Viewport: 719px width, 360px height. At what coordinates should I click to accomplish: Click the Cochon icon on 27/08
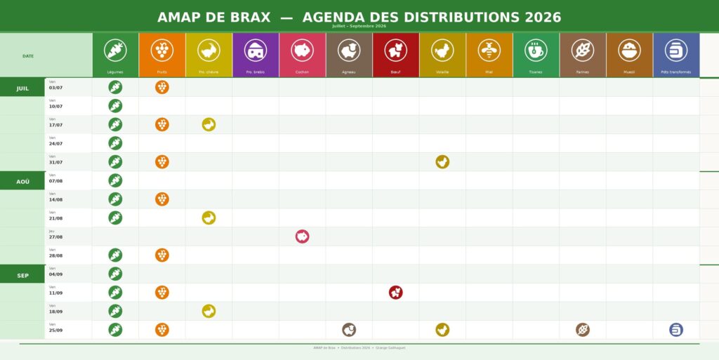coord(303,236)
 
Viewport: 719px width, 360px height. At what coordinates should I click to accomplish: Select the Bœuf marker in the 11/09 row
coord(396,293)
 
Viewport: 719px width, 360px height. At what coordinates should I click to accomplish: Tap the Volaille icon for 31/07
coord(442,162)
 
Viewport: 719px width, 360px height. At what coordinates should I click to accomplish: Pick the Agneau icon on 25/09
coord(349,330)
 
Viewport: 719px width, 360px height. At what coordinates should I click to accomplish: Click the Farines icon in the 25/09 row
coord(583,330)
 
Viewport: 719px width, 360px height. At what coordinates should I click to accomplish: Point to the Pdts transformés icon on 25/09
coord(676,330)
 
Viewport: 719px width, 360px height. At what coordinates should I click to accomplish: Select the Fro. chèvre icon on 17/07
coord(209,125)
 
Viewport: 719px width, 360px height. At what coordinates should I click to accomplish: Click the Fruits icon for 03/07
coord(162,87)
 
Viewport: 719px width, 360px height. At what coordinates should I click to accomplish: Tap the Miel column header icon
coord(489,51)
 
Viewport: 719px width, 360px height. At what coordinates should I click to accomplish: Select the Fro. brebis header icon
coord(256,51)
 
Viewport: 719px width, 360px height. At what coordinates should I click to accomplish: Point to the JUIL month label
coord(22,88)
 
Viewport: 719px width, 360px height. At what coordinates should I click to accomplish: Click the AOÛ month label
coord(22,182)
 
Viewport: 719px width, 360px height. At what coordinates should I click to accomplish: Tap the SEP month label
coord(22,276)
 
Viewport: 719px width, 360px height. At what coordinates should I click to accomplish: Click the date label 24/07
coord(55,144)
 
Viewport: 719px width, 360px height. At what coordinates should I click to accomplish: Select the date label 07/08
coord(55,181)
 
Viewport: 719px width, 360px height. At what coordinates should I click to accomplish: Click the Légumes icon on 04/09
coord(115,274)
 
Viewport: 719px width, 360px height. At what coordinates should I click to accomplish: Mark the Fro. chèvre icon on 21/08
coord(209,218)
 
